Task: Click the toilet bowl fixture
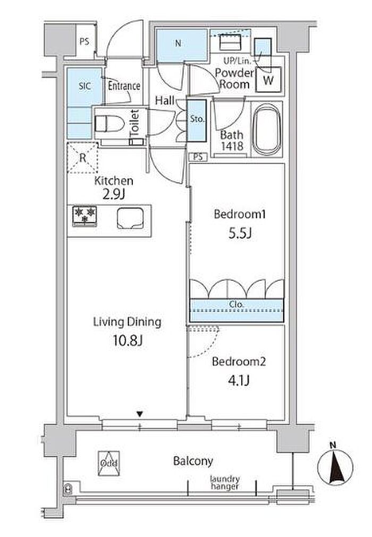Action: [x=109, y=124]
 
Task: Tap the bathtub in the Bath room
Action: [x=266, y=130]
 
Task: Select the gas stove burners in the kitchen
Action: [x=84, y=216]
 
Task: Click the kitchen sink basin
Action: [x=130, y=218]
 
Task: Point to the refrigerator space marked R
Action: [x=82, y=158]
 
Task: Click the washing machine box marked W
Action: [x=269, y=80]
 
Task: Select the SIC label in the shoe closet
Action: [x=84, y=85]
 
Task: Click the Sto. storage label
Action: [x=197, y=119]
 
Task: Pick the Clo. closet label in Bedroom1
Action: [x=236, y=304]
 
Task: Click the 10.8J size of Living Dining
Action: [x=127, y=341]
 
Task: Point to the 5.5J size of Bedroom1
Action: [x=240, y=233]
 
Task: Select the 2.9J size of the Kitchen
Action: [x=113, y=194]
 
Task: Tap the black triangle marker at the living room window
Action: [x=139, y=414]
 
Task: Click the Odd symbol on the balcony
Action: [x=109, y=463]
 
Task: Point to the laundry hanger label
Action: [x=225, y=482]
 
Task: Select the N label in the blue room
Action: [x=178, y=44]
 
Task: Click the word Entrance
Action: [x=124, y=85]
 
